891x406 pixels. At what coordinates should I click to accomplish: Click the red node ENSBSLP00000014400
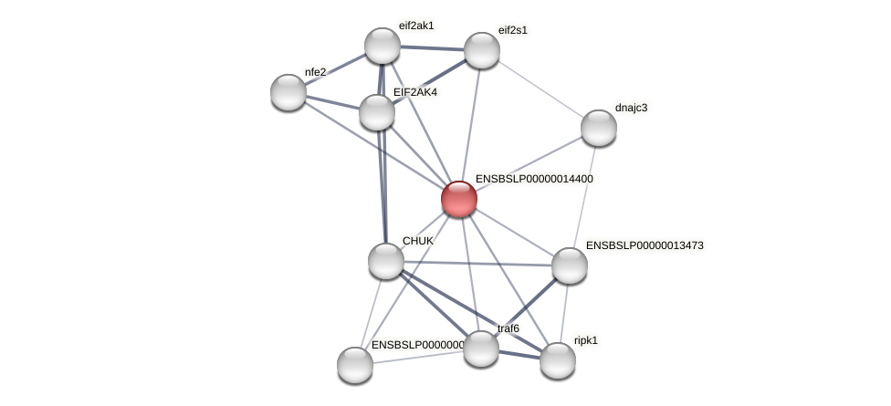pyautogui.click(x=458, y=199)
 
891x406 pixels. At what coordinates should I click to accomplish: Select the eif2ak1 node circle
pyautogui.click(x=383, y=46)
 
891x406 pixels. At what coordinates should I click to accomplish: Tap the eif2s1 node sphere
pyautogui.click(x=482, y=50)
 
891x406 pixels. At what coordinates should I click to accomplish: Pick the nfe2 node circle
pyautogui.click(x=288, y=92)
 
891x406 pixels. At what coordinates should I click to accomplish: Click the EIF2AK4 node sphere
pyautogui.click(x=377, y=112)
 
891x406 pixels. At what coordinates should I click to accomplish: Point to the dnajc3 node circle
pyautogui.click(x=599, y=128)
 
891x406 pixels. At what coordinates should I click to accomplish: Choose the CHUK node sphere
pyautogui.click(x=386, y=261)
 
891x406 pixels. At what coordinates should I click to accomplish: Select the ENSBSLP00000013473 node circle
pyautogui.click(x=570, y=265)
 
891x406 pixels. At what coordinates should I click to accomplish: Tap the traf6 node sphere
pyautogui.click(x=481, y=348)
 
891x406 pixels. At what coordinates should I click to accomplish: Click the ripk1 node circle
pyautogui.click(x=558, y=360)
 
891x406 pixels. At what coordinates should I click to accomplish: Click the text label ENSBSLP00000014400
pyautogui.click(x=534, y=180)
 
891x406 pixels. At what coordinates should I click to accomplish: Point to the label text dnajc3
pyautogui.click(x=631, y=108)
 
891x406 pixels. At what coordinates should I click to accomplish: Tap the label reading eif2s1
pyautogui.click(x=512, y=30)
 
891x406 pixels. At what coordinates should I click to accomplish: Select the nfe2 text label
pyautogui.click(x=315, y=72)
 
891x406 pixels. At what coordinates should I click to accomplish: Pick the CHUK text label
pyautogui.click(x=418, y=241)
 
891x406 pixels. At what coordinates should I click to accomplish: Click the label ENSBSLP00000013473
pyautogui.click(x=645, y=245)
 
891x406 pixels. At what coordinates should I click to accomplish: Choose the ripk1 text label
pyautogui.click(x=586, y=340)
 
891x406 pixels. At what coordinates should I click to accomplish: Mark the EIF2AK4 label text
pyautogui.click(x=414, y=92)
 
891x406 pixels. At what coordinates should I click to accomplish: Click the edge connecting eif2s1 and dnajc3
pyautogui.click(x=540, y=88)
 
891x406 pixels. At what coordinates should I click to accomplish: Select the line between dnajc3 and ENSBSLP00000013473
pyautogui.click(x=584, y=196)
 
